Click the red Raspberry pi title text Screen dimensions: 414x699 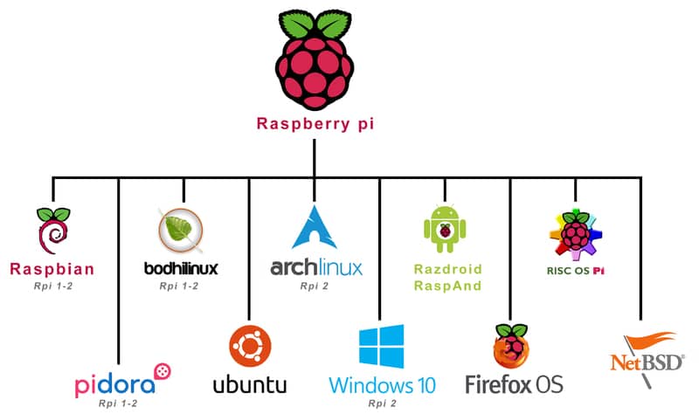[315, 123]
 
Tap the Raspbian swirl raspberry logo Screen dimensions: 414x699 [52, 231]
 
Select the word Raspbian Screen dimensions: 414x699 [52, 268]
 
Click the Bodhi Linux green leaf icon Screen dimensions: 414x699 [183, 231]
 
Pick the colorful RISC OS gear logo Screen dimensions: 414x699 [575, 235]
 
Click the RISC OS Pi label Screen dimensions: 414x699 [575, 271]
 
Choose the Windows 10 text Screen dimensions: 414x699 [380, 384]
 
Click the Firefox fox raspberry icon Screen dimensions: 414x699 [512, 346]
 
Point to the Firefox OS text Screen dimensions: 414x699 [514, 383]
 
